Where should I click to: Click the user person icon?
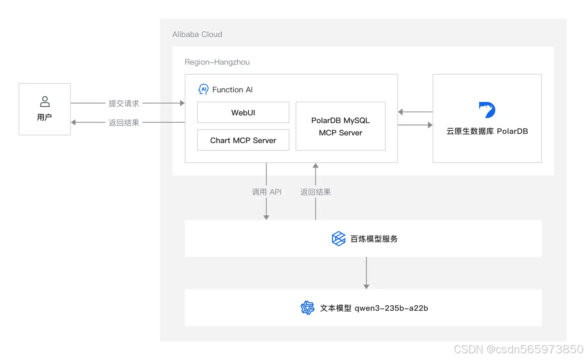click(45, 101)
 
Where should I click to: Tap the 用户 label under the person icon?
click(44, 117)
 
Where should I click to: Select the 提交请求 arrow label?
click(124, 103)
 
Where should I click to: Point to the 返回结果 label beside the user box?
click(124, 123)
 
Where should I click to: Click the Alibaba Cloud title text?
click(197, 34)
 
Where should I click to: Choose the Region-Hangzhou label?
click(217, 62)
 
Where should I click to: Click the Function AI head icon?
click(203, 89)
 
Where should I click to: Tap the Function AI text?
click(232, 90)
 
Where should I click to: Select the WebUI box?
click(243, 112)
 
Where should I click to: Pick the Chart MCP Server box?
click(243, 140)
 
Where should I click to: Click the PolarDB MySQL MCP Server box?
click(341, 127)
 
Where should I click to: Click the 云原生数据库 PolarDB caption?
click(487, 131)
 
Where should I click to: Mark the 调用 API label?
click(267, 192)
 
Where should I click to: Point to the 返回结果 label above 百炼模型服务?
click(315, 192)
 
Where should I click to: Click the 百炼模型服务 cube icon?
click(338, 239)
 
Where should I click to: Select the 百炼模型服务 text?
click(374, 239)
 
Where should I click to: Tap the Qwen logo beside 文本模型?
click(307, 308)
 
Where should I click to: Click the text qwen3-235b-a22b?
click(391, 308)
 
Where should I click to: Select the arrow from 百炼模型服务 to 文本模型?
click(366, 273)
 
